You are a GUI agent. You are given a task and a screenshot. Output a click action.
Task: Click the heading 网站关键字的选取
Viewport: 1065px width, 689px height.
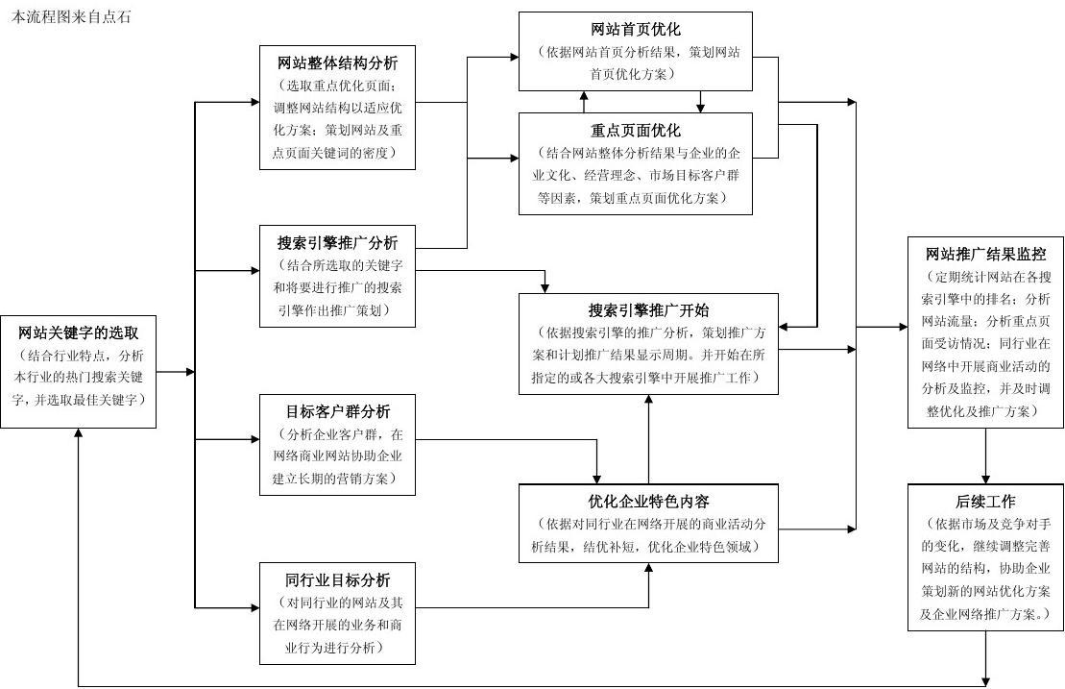79,333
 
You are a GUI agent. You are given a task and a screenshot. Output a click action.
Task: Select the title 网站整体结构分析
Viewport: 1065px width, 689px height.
337,63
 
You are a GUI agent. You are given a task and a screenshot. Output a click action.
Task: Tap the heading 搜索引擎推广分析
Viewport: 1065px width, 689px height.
337,243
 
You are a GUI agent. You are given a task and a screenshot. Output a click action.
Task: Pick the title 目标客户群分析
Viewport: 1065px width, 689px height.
337,411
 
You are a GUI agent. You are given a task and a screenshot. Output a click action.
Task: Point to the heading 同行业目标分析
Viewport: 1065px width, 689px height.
337,580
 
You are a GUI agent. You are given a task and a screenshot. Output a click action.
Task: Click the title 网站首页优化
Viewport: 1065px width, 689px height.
636,30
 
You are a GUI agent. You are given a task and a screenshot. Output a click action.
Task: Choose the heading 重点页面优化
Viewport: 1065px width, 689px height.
636,131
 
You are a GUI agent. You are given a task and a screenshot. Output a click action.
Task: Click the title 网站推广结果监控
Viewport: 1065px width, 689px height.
985,255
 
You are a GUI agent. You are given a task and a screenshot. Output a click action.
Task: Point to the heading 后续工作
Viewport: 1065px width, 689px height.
985,502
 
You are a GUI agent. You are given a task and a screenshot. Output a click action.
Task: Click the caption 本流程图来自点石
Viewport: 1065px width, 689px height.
71,17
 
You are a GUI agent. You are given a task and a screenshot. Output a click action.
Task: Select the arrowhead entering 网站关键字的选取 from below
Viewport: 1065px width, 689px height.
79,434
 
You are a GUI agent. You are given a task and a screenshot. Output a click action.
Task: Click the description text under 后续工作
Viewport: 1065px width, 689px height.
985,569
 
